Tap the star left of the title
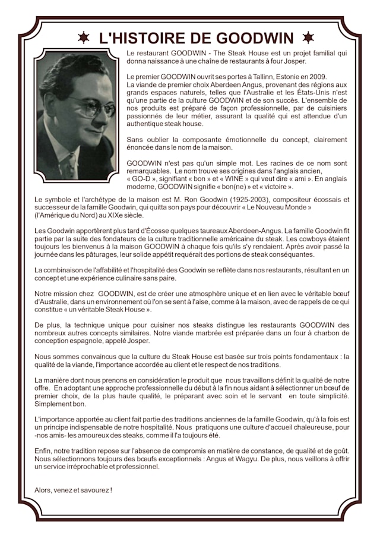84,38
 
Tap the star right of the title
308,38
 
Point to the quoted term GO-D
144,178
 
